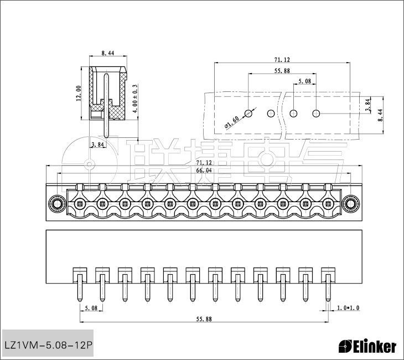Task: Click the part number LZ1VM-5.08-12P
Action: [x=48, y=345]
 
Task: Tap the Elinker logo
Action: [x=367, y=346]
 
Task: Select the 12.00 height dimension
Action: [x=79, y=94]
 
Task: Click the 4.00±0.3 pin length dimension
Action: [x=134, y=99]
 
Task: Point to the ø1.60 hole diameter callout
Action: [x=232, y=122]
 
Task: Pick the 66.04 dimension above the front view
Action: [x=204, y=170]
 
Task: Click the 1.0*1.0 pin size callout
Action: [x=348, y=307]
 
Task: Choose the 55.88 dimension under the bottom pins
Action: [x=204, y=319]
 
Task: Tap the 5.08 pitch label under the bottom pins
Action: [x=91, y=308]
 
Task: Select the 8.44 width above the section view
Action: [x=108, y=53]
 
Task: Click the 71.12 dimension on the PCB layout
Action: [x=282, y=60]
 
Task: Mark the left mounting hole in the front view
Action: [x=58, y=204]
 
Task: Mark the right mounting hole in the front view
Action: [x=350, y=204]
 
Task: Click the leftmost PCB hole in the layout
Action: [x=248, y=113]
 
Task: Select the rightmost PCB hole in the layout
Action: [x=316, y=113]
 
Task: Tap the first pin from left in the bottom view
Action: [x=80, y=287]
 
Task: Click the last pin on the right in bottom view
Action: [x=328, y=287]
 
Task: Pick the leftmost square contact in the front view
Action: [x=80, y=204]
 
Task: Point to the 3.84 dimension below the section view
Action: [x=97, y=145]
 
